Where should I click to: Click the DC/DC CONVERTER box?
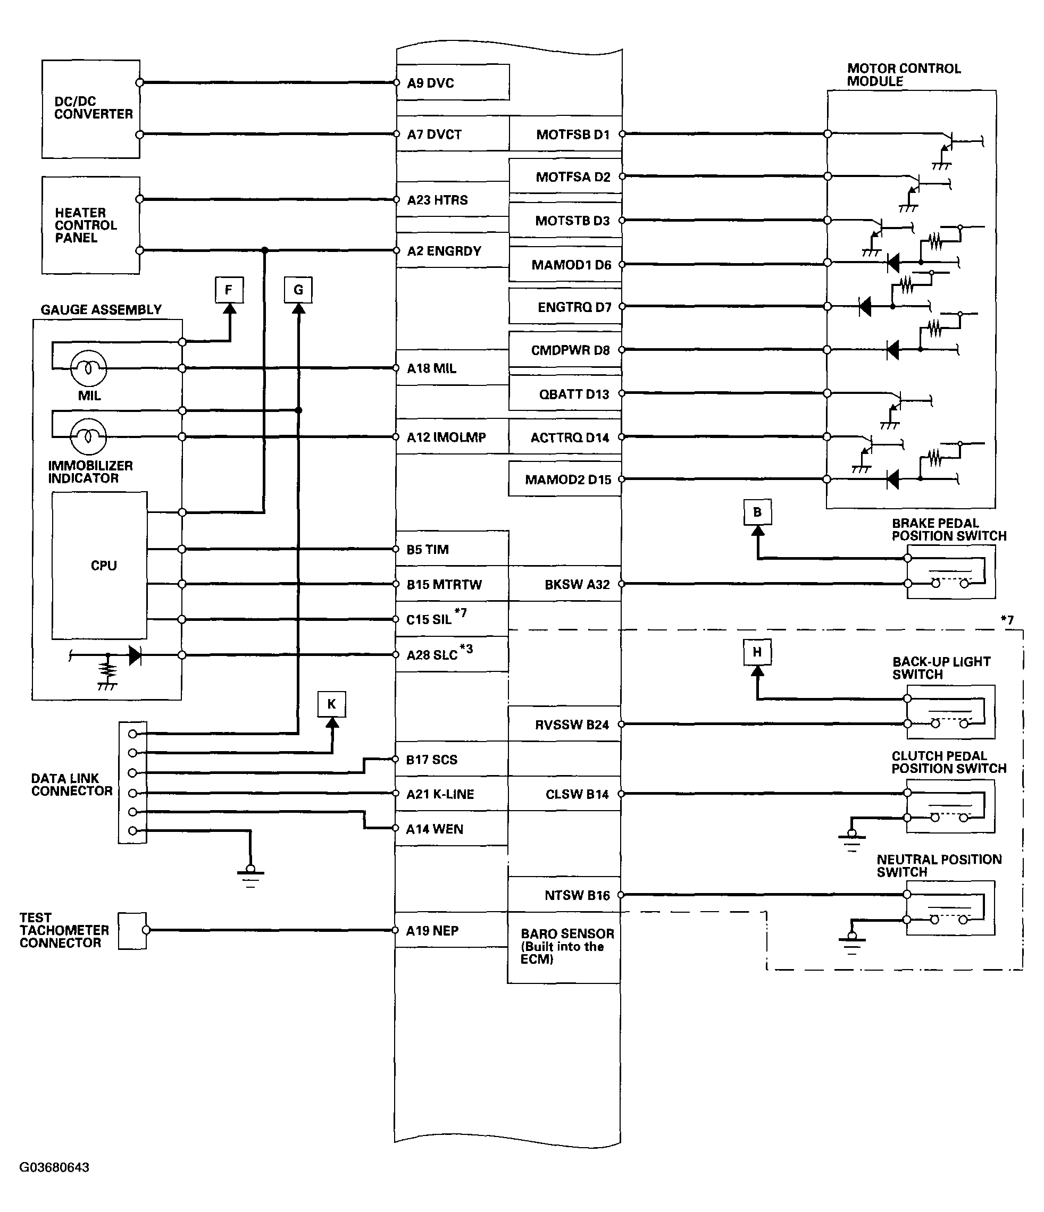click(x=91, y=109)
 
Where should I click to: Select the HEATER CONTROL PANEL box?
click(x=91, y=225)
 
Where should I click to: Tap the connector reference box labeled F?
click(x=229, y=290)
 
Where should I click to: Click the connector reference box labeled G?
click(x=298, y=290)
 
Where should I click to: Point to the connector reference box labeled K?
click(x=332, y=704)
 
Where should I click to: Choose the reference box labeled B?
click(x=757, y=512)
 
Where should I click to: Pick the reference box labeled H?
click(x=757, y=652)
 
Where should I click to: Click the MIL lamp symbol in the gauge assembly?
click(x=88, y=368)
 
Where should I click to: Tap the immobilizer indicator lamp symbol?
click(x=88, y=436)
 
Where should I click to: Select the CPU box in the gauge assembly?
click(x=99, y=565)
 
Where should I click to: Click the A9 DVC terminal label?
click(x=431, y=83)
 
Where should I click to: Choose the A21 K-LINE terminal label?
click(x=440, y=794)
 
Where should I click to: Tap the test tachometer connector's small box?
click(x=132, y=931)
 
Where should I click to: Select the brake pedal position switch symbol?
click(x=950, y=571)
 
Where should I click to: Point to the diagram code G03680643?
click(x=54, y=1167)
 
